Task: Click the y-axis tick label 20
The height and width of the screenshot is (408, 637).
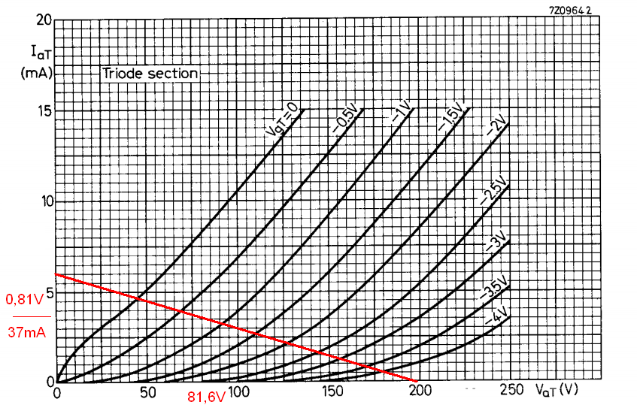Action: click(x=44, y=20)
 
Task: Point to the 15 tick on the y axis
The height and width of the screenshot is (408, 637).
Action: click(x=44, y=110)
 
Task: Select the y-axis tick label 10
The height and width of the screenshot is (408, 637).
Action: click(x=44, y=201)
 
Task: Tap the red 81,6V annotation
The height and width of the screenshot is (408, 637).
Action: click(x=206, y=396)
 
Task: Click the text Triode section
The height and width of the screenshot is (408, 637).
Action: click(x=150, y=74)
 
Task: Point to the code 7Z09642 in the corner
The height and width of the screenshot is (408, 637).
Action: click(x=572, y=10)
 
